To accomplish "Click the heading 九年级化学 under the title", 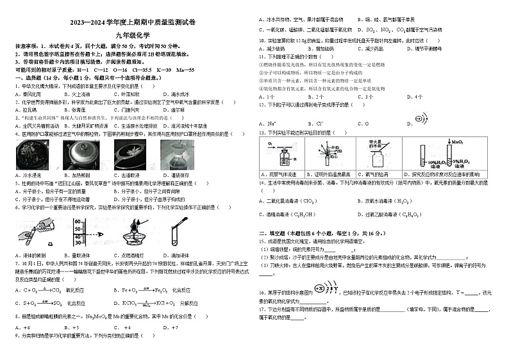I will (x=127, y=36).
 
